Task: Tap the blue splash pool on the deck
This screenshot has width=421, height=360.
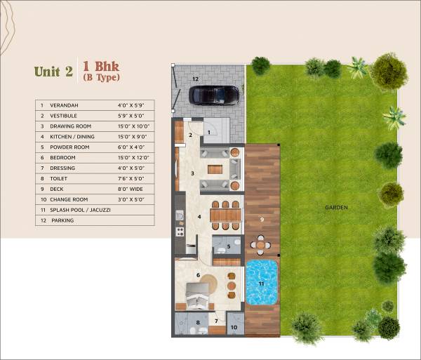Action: [x=262, y=282]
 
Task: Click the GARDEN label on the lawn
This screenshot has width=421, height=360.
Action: [x=337, y=208]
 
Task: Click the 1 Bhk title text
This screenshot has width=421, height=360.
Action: [x=101, y=66]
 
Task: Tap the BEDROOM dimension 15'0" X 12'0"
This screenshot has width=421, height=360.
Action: [x=133, y=157]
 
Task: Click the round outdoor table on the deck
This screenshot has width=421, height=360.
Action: [x=261, y=246]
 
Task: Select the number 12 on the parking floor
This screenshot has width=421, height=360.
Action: [x=196, y=79]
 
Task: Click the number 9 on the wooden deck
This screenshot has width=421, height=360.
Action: [x=261, y=219]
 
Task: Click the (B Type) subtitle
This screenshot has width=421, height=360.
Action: [x=101, y=77]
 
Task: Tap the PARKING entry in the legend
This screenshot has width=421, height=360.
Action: [x=62, y=220]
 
